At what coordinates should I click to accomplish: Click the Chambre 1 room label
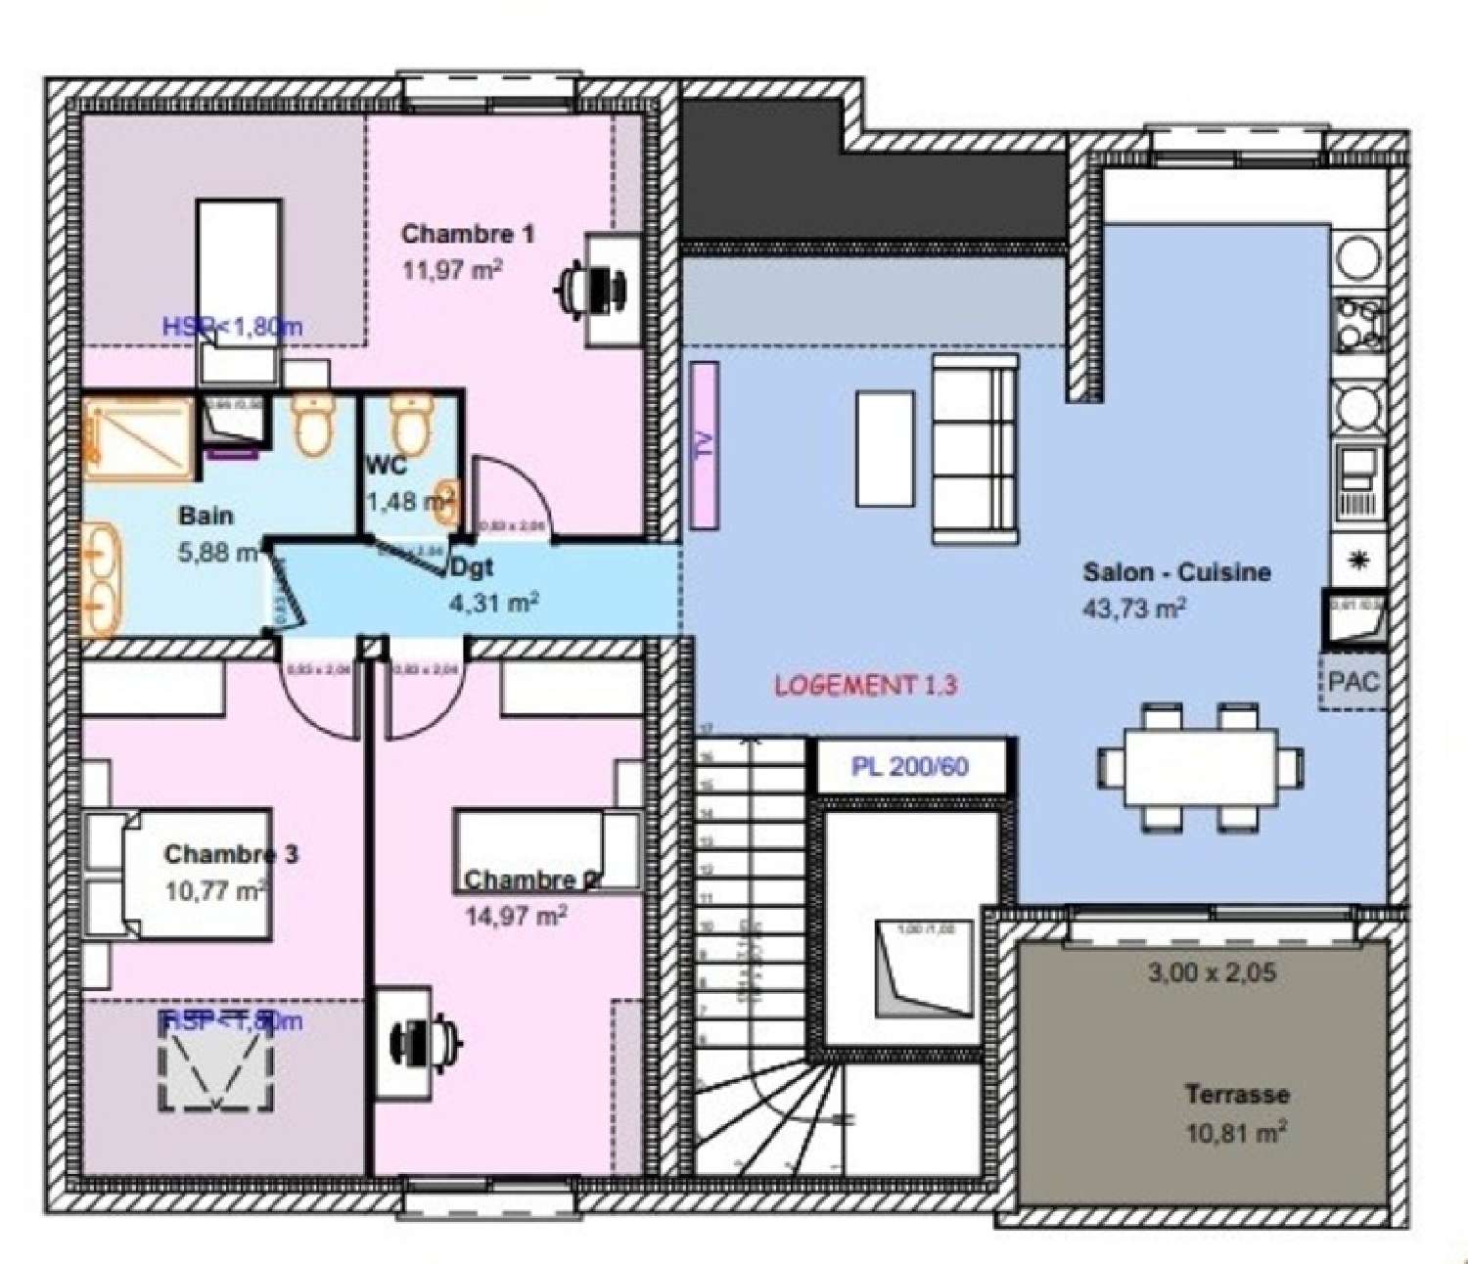[468, 234]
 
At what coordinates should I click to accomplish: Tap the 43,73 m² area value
[1133, 608]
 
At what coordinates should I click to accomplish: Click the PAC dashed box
[1353, 682]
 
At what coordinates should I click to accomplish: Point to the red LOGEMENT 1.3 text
[865, 685]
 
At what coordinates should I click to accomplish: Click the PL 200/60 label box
[910, 766]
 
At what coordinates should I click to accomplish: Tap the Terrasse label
[1237, 1094]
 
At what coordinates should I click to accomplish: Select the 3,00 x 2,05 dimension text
[1212, 972]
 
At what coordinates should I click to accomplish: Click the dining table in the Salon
[1200, 767]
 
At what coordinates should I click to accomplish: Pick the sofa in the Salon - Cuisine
[974, 449]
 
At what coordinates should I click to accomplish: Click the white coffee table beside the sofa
[885, 449]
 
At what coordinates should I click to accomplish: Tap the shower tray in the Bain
[137, 437]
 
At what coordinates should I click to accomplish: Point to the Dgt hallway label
[472, 567]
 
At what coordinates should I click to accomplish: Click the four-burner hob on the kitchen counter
[1359, 324]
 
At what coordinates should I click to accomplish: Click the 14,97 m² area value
[516, 916]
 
